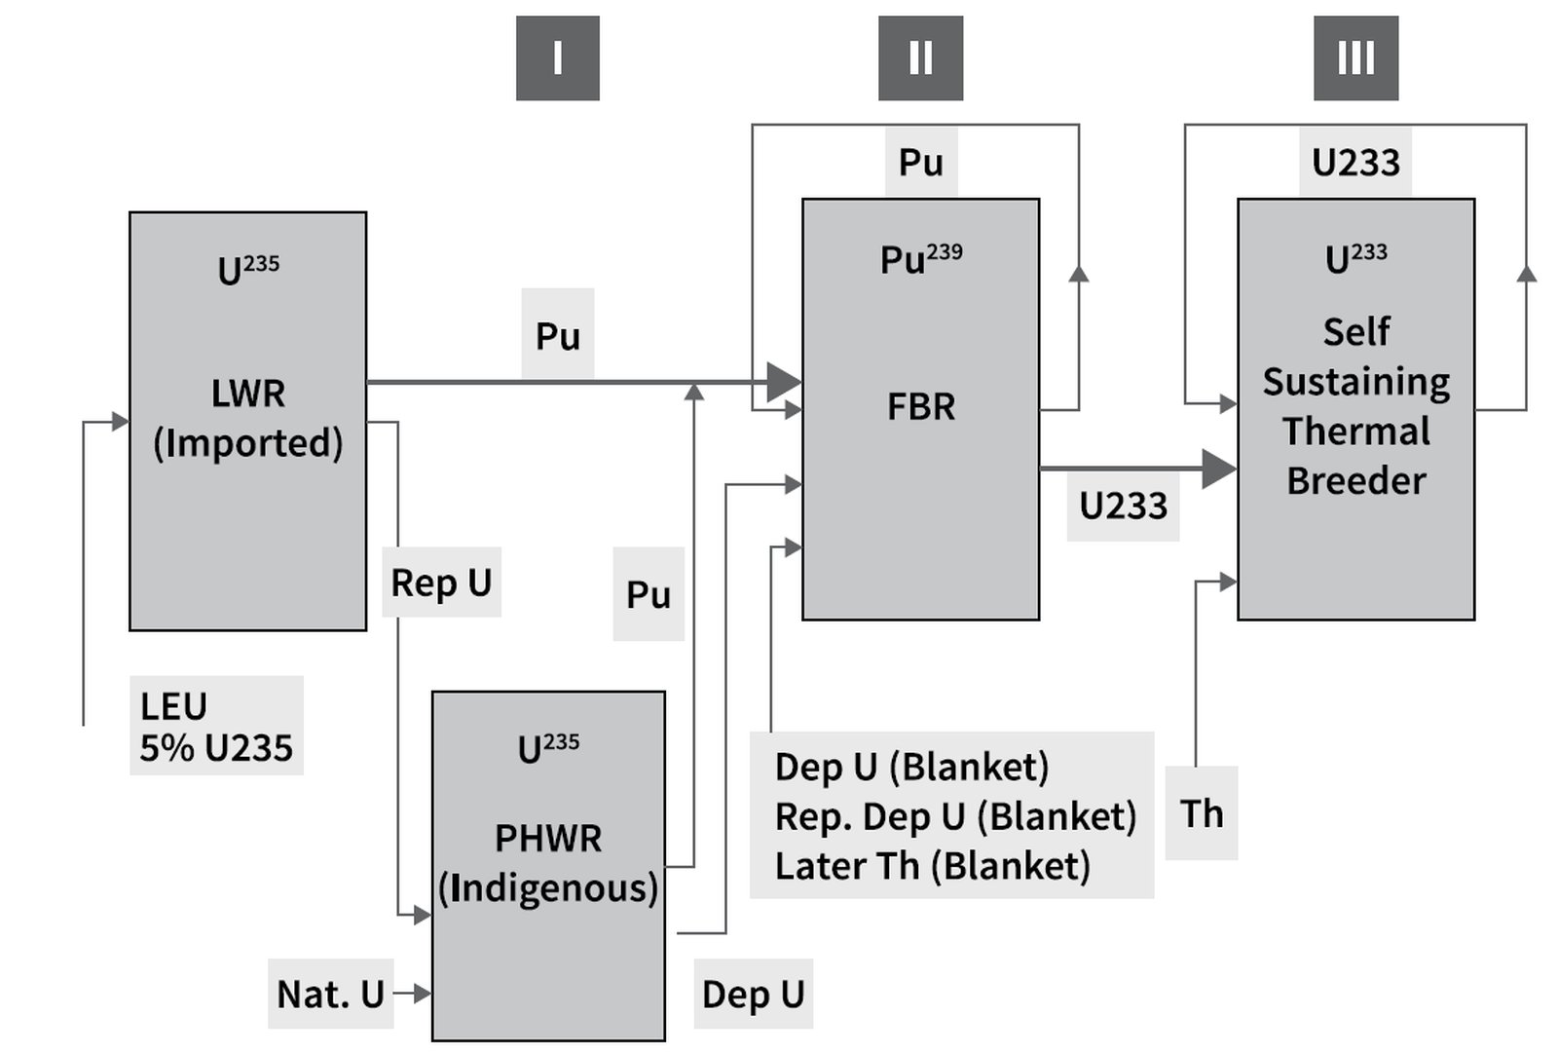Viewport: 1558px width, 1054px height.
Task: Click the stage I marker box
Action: coord(557,58)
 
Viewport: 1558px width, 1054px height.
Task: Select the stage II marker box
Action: coord(920,58)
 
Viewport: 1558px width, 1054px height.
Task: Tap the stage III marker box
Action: coord(1355,58)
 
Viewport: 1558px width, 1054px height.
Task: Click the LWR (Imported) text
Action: coord(248,418)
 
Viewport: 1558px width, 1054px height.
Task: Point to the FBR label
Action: coord(920,406)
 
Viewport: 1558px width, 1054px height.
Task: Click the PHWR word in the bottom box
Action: coord(548,838)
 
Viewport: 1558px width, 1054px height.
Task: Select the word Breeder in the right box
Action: coord(1355,480)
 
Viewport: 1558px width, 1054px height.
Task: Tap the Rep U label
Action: coord(441,583)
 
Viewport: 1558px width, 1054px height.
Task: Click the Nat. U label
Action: coord(330,994)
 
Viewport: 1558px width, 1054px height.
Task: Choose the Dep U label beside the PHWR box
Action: coord(753,994)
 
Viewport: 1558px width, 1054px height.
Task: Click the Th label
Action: coord(1201,813)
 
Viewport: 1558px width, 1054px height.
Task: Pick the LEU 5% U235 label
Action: coord(216,726)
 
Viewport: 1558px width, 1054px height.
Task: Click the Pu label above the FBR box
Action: coord(920,162)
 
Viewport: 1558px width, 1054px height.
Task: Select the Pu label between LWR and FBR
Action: coord(557,335)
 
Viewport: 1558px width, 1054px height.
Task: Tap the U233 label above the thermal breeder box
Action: coord(1355,162)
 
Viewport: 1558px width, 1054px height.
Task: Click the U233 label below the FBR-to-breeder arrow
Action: coord(1123,506)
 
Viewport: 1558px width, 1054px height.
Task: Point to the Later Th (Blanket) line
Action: coord(932,866)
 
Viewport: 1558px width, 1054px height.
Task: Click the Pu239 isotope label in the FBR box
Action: coord(920,259)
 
